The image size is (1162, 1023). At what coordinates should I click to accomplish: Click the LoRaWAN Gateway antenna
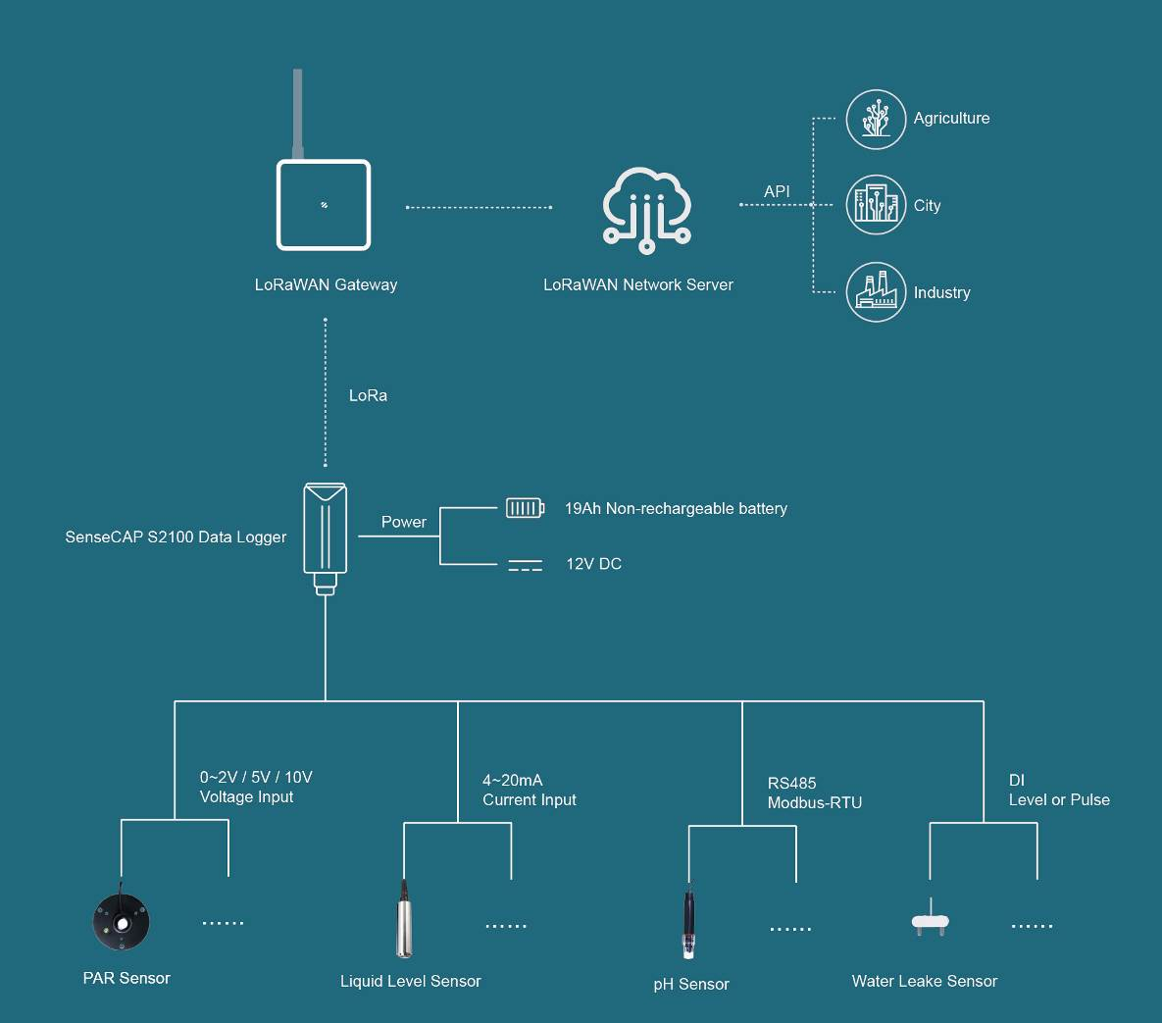pos(298,113)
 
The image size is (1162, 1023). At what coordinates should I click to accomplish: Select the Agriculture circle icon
pos(876,120)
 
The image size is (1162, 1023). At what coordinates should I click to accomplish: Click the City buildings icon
pos(876,205)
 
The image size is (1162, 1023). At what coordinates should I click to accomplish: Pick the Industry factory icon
pos(876,291)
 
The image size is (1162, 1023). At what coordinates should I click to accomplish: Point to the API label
pos(777,191)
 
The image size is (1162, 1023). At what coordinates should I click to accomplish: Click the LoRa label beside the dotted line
pos(368,395)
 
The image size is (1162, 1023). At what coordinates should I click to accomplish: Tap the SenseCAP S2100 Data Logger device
pos(325,535)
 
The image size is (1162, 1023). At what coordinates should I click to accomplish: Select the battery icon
pos(525,507)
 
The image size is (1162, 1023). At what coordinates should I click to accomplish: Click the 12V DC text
pos(593,564)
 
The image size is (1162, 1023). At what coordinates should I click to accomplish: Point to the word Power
pos(404,522)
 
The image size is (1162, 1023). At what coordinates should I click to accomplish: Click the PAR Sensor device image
pos(121,920)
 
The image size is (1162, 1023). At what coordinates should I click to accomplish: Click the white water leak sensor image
pos(930,920)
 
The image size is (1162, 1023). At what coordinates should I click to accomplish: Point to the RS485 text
pos(791,783)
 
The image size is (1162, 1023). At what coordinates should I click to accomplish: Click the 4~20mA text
pos(512,780)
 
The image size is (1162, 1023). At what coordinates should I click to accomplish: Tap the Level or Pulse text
pos(1059,799)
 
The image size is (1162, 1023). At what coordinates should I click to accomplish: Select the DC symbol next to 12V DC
pos(525,565)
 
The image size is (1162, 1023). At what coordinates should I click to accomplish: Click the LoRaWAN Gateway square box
pos(324,205)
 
